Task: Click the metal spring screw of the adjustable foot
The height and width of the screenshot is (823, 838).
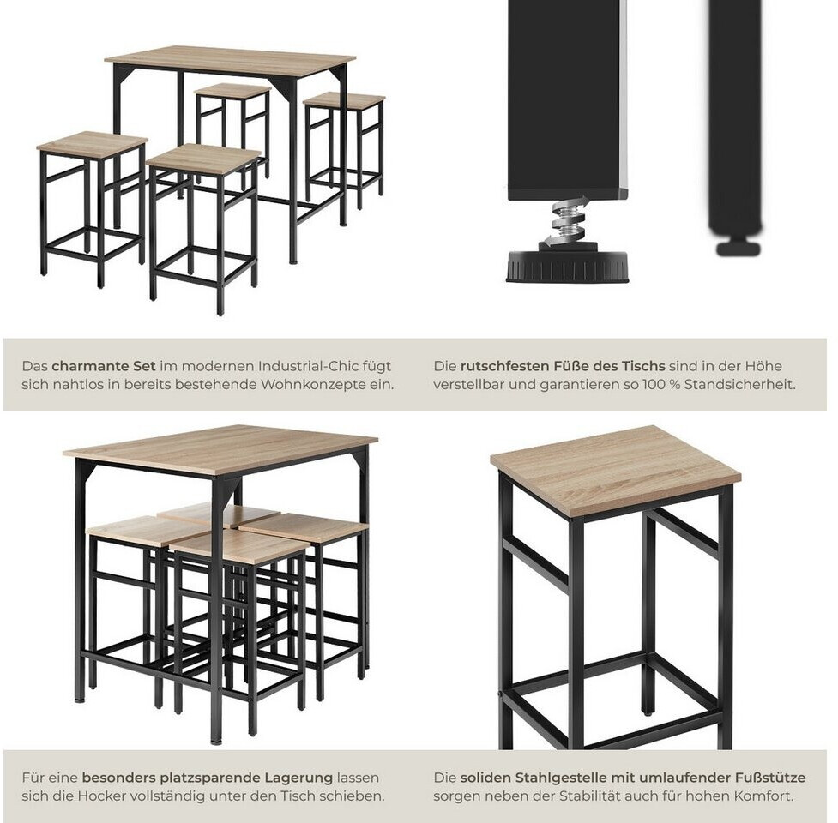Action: (569, 220)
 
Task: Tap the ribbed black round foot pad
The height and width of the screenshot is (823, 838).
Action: (567, 266)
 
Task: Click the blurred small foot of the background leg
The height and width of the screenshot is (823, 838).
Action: (738, 248)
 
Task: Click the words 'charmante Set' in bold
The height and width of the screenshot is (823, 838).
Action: (104, 366)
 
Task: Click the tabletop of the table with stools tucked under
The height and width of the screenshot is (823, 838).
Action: (220, 449)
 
